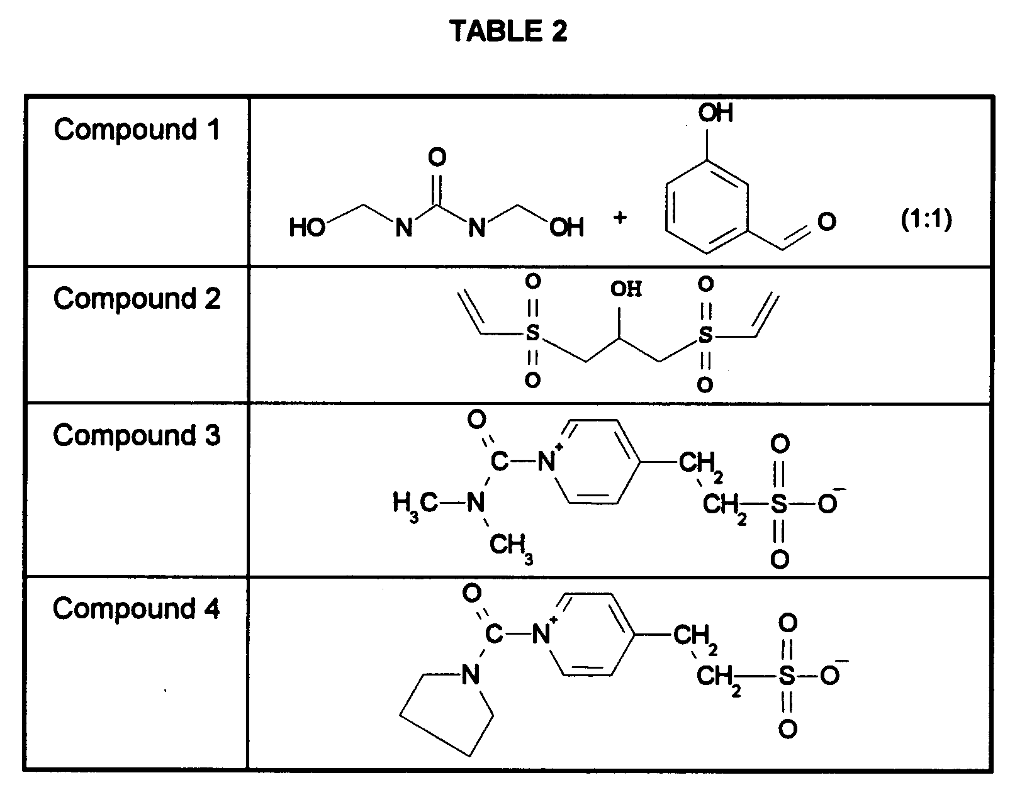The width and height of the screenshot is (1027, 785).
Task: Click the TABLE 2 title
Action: tap(508, 31)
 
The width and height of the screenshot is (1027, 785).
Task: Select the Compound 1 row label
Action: tap(137, 130)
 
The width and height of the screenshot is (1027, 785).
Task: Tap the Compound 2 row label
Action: tap(137, 299)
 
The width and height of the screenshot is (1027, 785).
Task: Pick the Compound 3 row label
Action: tap(137, 435)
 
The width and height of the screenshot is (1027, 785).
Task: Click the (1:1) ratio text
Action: tap(926, 220)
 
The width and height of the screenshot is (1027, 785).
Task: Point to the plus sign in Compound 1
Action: tap(620, 218)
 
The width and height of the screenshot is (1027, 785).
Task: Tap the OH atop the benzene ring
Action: tap(716, 113)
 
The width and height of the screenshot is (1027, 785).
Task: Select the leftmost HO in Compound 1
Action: tap(306, 228)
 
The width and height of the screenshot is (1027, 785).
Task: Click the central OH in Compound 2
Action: tap(626, 289)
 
